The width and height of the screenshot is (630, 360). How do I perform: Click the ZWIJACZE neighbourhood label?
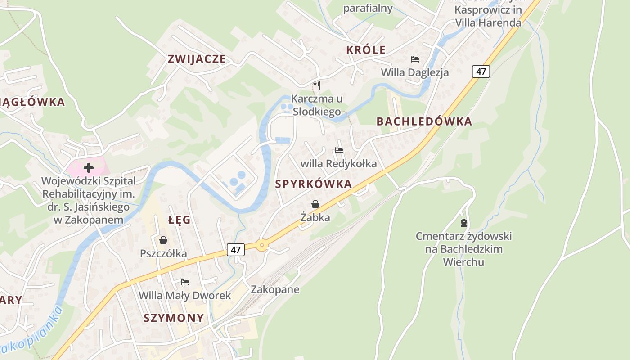pos(197,59)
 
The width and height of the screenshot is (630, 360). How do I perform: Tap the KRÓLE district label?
pos(366,50)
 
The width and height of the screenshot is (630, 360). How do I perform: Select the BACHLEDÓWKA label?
pos(424,121)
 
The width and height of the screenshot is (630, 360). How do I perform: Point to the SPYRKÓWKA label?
pos(313,184)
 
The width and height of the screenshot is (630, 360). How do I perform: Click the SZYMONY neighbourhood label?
pos(174,318)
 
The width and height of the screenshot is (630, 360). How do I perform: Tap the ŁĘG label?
pos(180,220)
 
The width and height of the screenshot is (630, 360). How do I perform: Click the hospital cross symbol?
pos(89,168)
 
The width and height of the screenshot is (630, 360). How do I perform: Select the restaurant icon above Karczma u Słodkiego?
pos(317,85)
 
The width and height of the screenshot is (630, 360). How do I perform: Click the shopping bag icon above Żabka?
pos(315,204)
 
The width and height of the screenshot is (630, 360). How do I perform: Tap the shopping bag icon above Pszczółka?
pos(163,240)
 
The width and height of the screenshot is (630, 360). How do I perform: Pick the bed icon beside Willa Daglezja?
pos(414,59)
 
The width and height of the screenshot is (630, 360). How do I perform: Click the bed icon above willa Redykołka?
pos(339,150)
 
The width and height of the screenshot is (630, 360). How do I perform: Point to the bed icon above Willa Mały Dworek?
pos(184,282)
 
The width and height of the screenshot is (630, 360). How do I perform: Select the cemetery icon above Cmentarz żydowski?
pos(463,222)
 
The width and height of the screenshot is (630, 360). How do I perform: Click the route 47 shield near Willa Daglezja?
pos(481,71)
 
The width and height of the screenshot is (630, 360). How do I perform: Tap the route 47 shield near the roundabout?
pos(236,249)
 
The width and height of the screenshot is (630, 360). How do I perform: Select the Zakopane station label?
pos(275,289)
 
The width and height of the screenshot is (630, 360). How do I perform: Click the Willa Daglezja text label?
pos(414,72)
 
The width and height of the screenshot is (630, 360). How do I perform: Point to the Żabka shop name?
pos(315,217)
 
